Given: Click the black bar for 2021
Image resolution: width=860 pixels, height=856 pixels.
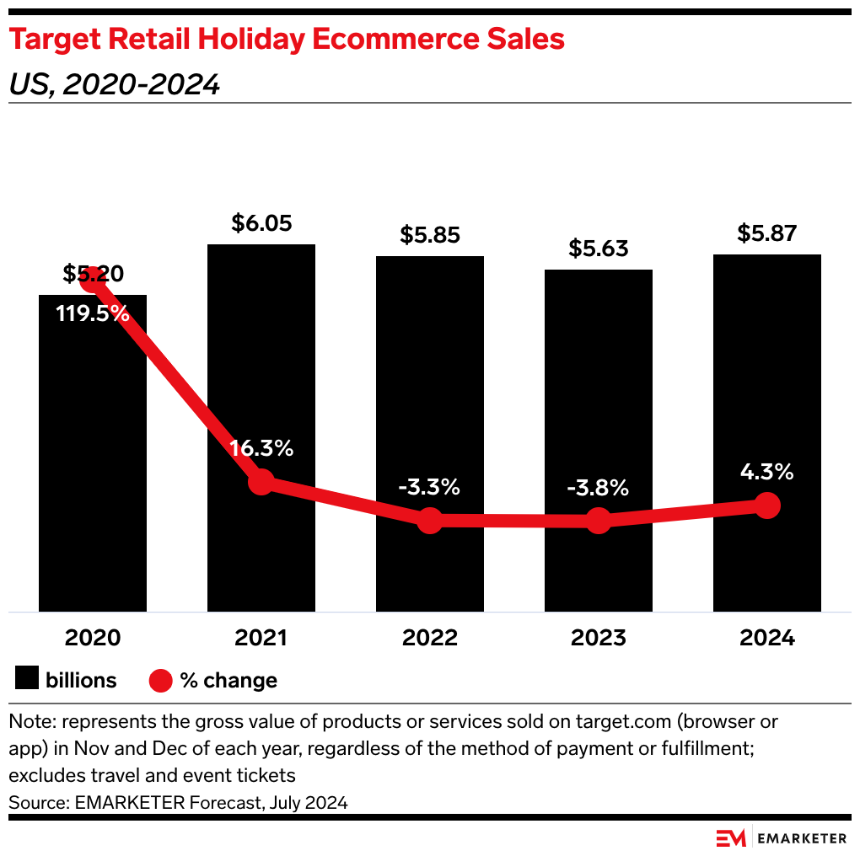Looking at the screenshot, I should (261, 354).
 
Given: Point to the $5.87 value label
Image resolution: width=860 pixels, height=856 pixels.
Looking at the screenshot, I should (766, 233).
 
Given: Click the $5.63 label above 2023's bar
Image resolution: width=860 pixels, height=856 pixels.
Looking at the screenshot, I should (599, 249).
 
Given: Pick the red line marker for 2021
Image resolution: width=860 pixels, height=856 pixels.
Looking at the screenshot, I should (261, 482).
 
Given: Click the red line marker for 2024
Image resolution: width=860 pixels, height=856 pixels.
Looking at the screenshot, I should (767, 506).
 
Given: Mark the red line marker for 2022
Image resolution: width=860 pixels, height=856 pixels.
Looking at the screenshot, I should (430, 521).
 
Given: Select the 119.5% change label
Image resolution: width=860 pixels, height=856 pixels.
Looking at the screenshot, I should (93, 314).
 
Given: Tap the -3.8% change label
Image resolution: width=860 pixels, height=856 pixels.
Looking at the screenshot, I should (599, 487).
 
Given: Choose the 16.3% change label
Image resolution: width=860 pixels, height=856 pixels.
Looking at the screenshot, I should (261, 448).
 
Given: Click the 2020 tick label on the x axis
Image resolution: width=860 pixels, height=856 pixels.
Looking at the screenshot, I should (93, 638).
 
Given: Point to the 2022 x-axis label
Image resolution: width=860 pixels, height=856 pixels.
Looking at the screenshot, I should (430, 638).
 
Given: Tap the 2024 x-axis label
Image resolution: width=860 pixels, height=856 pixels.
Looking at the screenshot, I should (767, 638).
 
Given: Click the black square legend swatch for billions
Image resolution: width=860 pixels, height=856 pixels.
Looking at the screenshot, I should (28, 680).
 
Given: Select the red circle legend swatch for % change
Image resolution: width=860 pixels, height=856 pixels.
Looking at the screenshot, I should (161, 680).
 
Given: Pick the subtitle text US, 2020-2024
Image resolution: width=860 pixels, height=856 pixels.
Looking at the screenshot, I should (115, 84).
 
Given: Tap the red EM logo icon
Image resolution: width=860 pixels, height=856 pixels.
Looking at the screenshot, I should (730, 838).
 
